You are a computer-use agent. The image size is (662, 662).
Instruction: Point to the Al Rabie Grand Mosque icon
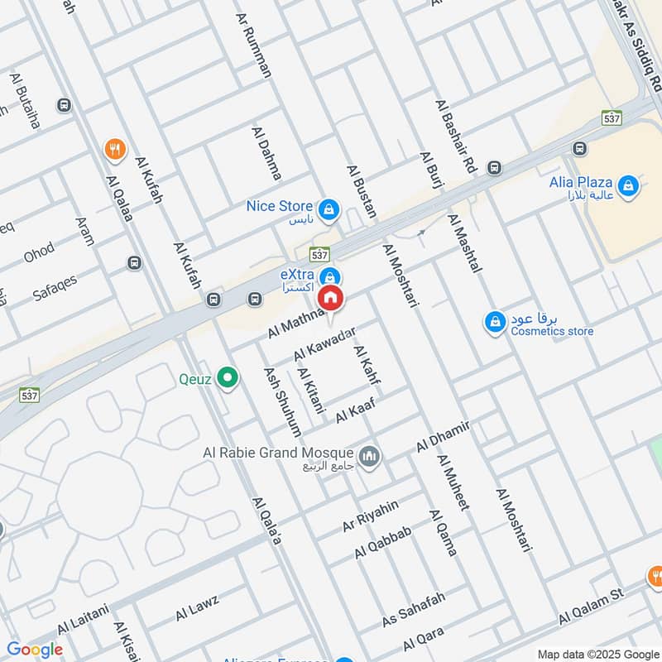369,454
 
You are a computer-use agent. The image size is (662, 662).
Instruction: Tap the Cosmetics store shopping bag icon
495,321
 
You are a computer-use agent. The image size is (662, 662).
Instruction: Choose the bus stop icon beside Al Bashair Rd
494,168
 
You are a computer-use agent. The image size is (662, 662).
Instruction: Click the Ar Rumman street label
254,45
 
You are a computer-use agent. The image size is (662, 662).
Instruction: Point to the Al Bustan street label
362,191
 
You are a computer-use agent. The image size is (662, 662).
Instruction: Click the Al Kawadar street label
324,343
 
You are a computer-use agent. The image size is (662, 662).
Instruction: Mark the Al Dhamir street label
444,435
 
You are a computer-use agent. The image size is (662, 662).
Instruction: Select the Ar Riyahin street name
371,515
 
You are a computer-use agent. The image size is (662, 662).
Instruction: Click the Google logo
34,650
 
